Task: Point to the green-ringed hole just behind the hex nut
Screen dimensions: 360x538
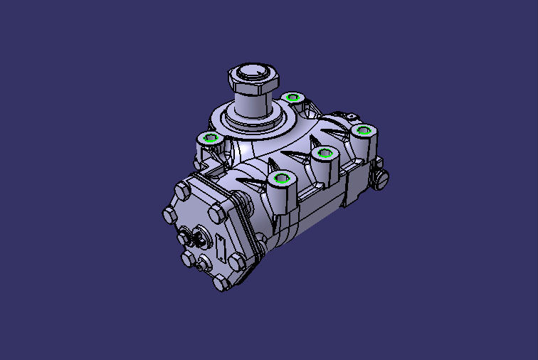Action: (292, 97)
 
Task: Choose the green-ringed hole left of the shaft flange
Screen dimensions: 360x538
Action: (209, 137)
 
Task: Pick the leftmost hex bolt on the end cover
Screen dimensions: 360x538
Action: (169, 214)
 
